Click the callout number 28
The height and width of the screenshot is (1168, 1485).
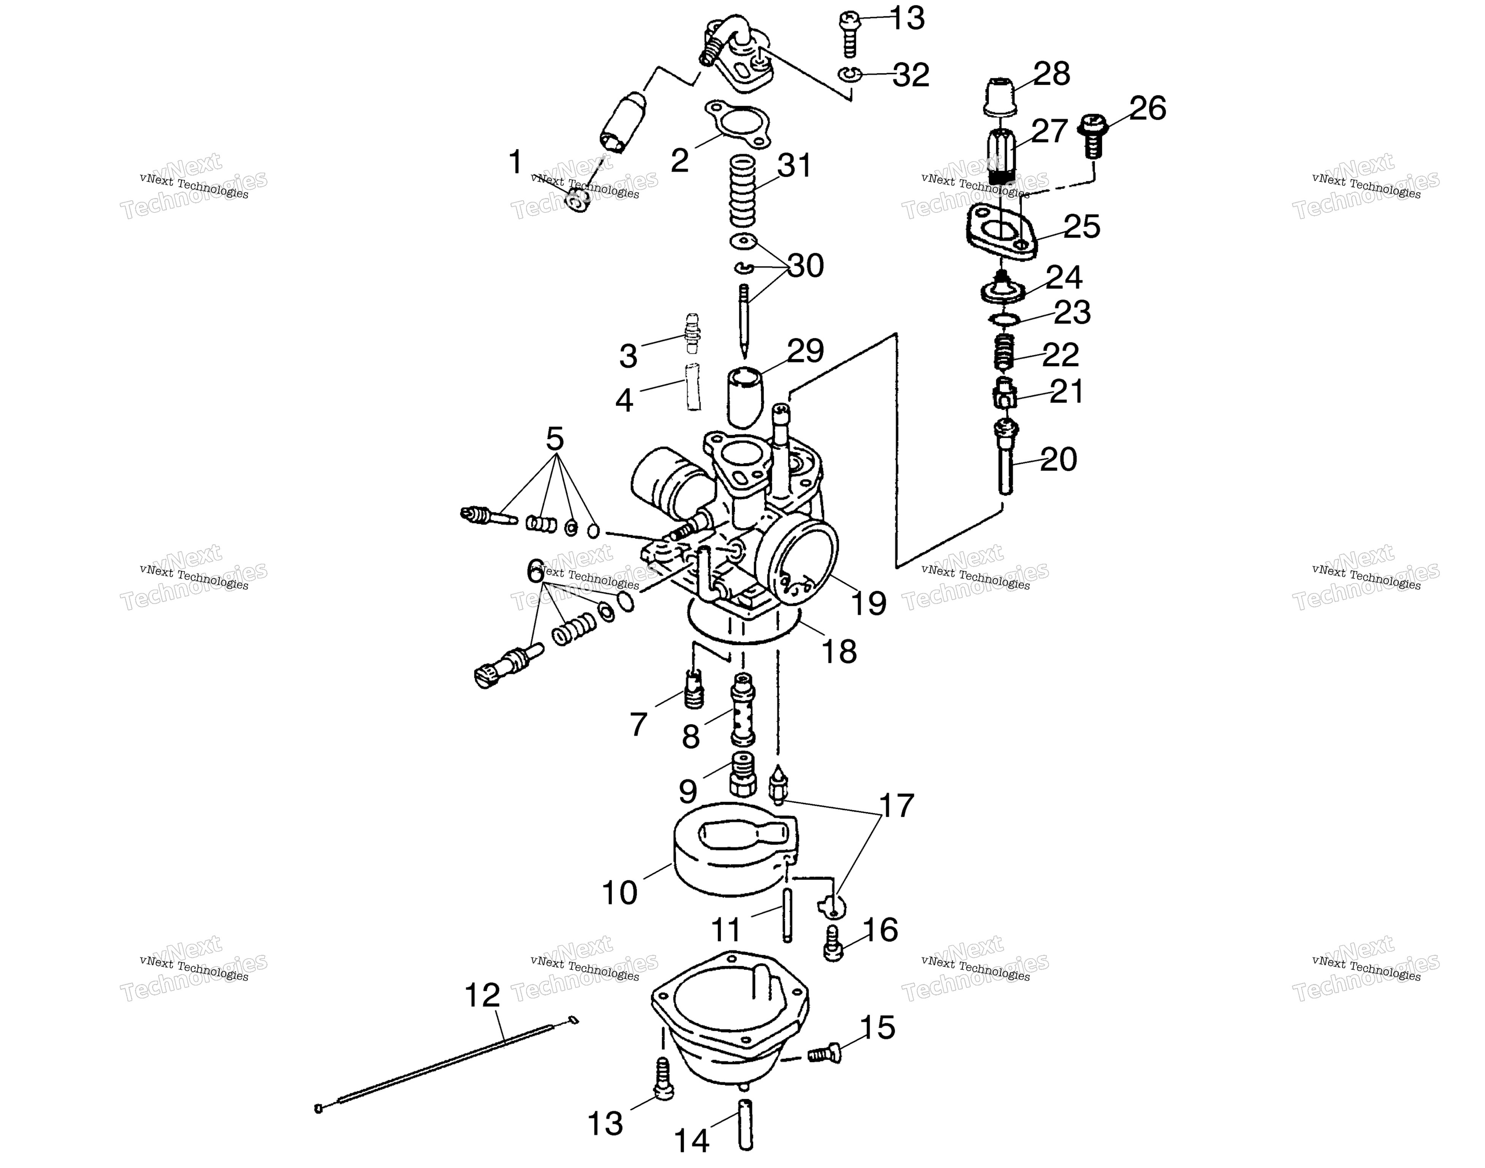pos(1052,74)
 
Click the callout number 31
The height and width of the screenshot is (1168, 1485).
pos(794,165)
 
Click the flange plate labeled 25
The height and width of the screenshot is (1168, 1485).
pos(1002,234)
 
